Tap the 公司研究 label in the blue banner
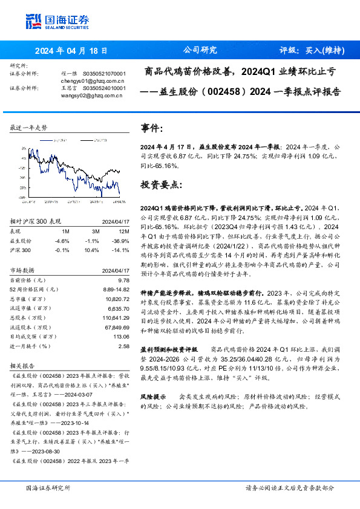(200, 50)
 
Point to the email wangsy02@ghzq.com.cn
(91, 96)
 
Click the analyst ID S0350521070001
(104, 73)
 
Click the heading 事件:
(151, 128)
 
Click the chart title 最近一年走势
(28, 128)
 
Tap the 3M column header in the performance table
(96, 230)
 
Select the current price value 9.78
(124, 280)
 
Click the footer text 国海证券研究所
(48, 488)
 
